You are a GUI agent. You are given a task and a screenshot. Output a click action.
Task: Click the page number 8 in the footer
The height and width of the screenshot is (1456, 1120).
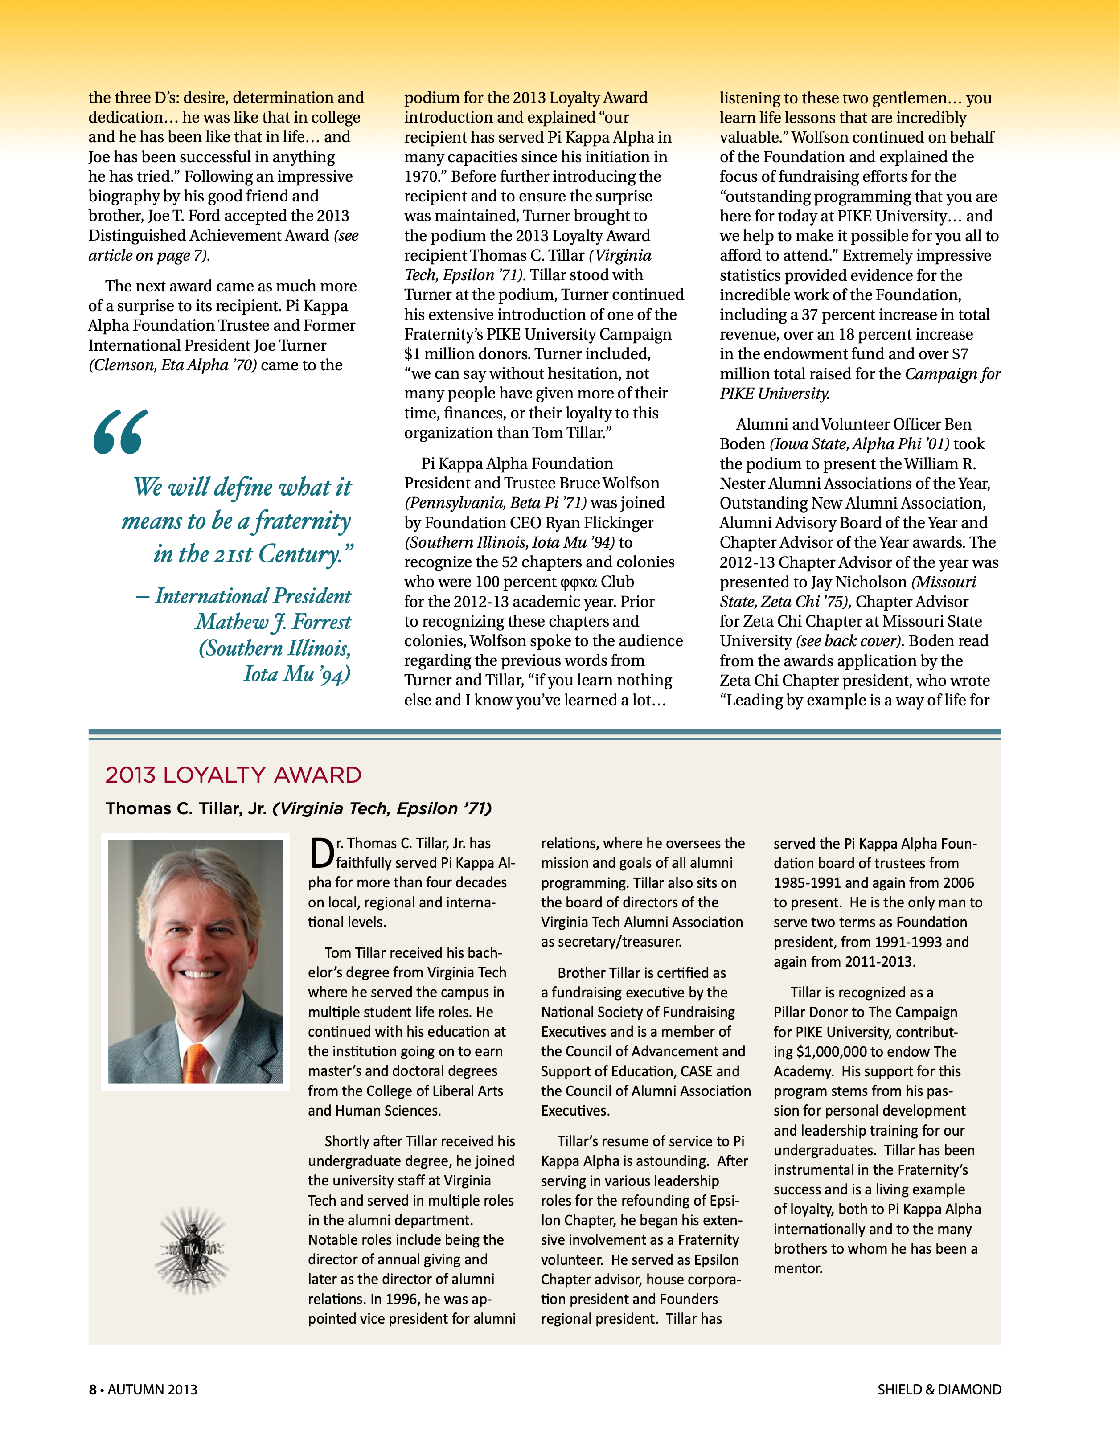pos(93,1390)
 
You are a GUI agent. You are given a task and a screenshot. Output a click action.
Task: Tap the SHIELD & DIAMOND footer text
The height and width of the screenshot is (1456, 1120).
pos(939,1390)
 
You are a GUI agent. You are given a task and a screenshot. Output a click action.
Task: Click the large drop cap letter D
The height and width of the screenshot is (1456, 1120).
pos(321,855)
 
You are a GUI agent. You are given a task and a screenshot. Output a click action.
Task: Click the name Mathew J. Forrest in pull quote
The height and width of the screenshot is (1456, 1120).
pos(273,622)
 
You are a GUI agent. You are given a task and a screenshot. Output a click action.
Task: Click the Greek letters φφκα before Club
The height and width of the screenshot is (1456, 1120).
pos(578,582)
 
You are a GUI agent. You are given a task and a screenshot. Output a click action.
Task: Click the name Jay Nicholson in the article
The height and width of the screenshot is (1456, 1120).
pos(859,582)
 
